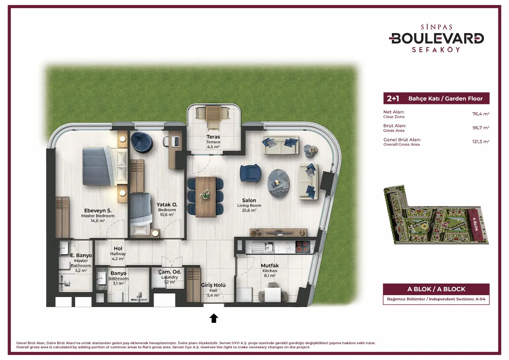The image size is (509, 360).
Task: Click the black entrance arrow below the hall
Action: tap(214, 318)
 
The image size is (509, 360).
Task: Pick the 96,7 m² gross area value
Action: tap(481, 128)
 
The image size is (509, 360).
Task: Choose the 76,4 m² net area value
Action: tap(481, 114)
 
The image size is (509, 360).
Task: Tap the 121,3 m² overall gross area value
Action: tap(481, 142)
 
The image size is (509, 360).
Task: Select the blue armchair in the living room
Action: tap(250, 173)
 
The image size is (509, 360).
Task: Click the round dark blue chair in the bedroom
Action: tap(142, 142)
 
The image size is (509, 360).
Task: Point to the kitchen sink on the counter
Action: tap(263, 247)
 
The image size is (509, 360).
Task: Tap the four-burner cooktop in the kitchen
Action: tap(303, 247)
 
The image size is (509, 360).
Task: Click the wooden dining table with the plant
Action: tap(206, 197)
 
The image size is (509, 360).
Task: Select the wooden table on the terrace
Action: tap(213, 113)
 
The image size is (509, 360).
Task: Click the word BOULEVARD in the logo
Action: tap(436, 39)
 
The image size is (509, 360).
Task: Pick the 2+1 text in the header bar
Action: tap(393, 98)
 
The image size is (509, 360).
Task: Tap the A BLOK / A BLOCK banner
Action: tap(436, 289)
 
